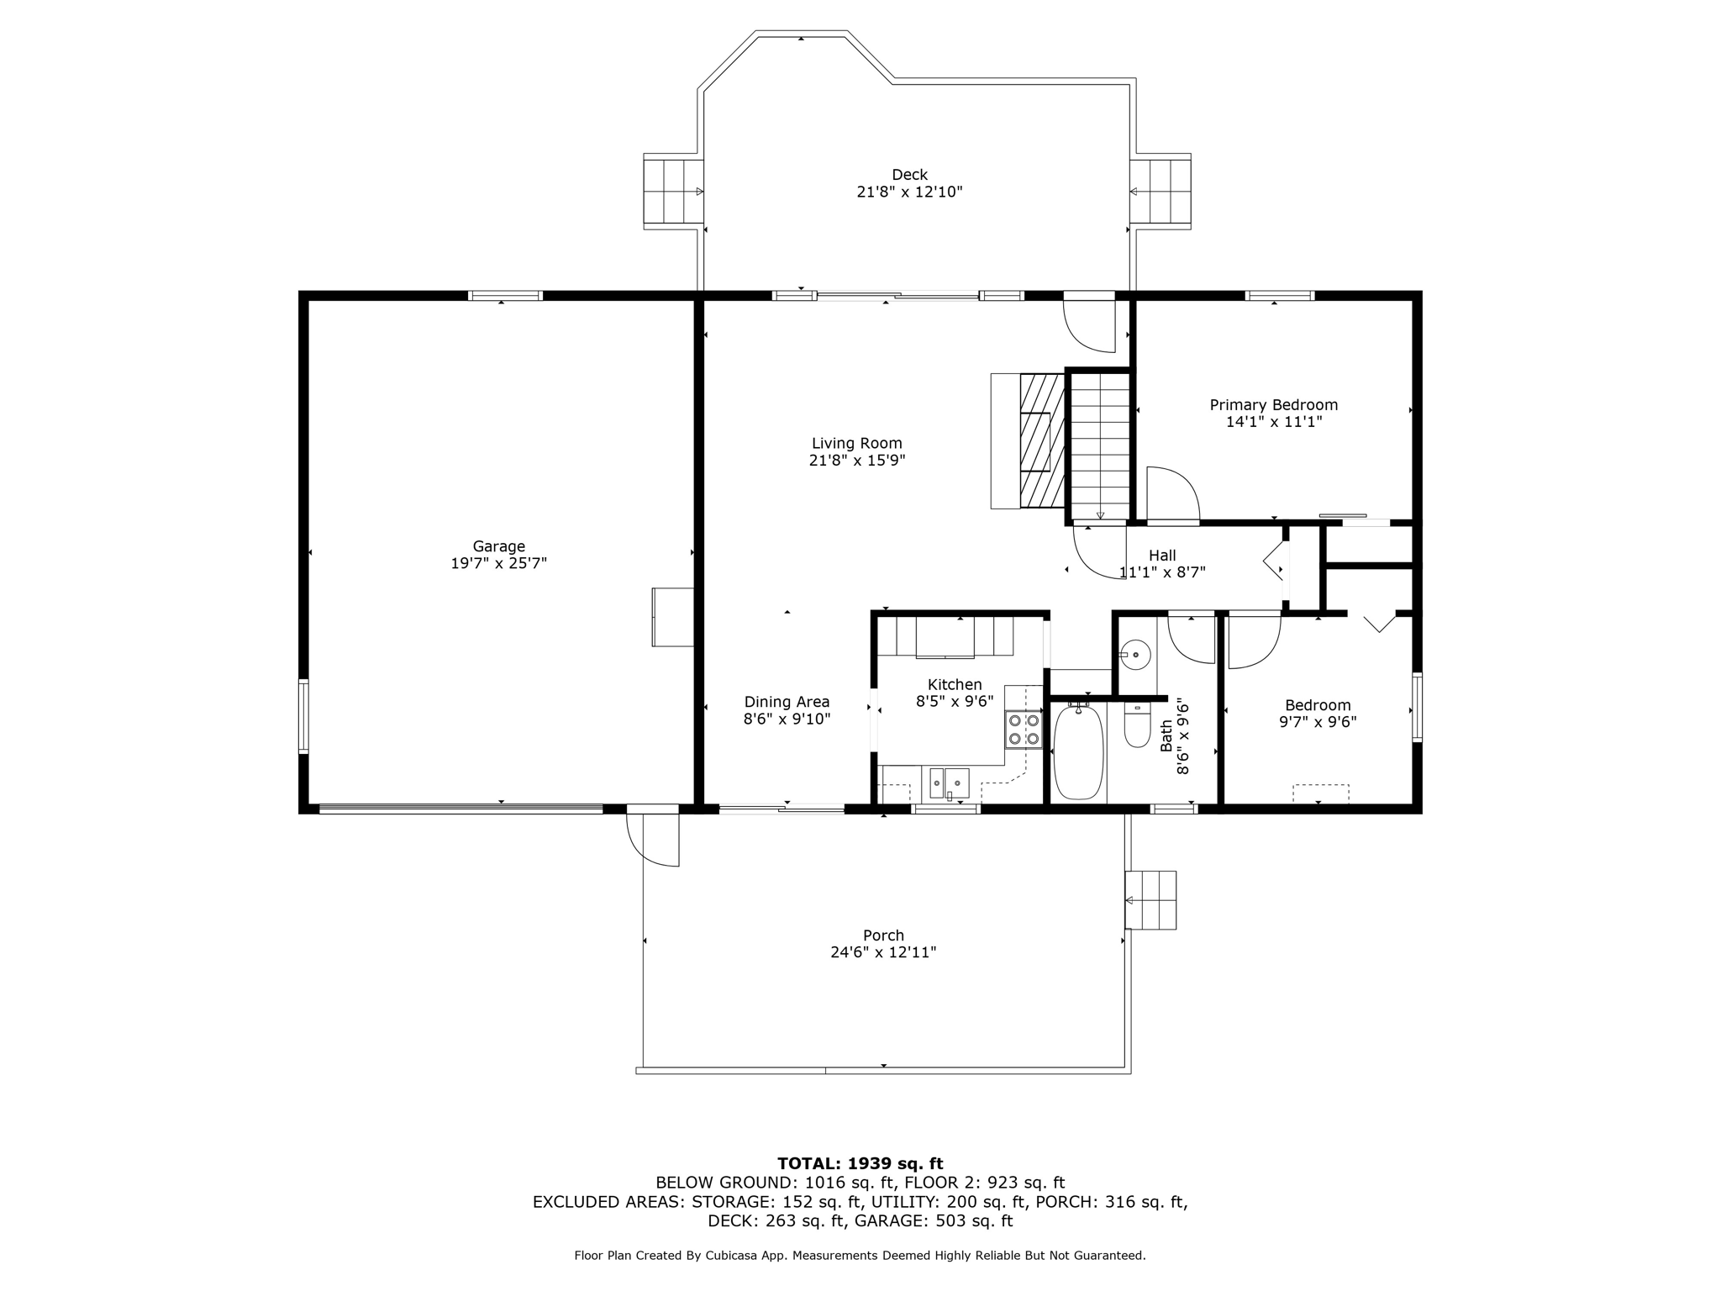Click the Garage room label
point(498,546)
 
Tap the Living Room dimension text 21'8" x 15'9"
point(857,461)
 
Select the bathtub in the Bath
point(1078,752)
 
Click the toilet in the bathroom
point(1137,725)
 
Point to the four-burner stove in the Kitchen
point(1024,730)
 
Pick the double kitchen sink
point(949,783)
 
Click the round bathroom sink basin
point(1136,654)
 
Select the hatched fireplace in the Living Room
point(1042,441)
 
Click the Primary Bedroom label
point(1274,405)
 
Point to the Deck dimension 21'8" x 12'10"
point(909,192)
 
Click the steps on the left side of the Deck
point(673,192)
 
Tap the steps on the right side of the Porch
point(1150,900)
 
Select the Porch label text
point(884,935)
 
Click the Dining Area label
point(787,702)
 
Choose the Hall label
point(1162,556)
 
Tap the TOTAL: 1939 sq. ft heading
point(860,1163)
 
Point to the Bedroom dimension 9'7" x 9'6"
point(1318,721)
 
